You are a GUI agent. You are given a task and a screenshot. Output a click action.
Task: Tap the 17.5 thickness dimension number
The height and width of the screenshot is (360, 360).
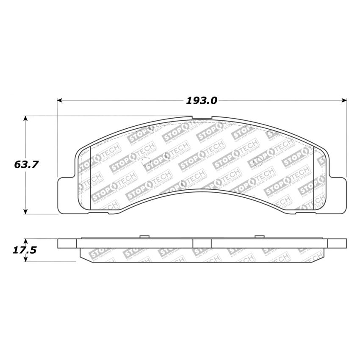[24, 250]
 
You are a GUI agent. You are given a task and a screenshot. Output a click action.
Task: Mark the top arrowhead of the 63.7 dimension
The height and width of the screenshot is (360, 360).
[26, 119]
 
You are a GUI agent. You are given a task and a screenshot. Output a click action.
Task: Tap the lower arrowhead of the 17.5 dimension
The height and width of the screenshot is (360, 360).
[26, 259]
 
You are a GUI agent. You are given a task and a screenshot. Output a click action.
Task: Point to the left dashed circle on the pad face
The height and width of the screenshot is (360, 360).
[146, 161]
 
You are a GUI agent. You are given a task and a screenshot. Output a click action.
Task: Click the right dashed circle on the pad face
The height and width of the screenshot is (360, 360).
[183, 184]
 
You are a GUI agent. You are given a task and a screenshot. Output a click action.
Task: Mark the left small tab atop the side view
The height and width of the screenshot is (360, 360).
[144, 237]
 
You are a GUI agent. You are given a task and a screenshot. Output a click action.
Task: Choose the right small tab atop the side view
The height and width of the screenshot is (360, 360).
[259, 237]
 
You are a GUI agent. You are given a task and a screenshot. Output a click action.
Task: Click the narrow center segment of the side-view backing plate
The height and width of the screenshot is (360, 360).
[202, 243]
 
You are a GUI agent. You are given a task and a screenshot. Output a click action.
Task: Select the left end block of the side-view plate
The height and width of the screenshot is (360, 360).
[67, 243]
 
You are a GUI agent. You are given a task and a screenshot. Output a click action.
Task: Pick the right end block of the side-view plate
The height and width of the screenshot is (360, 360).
[337, 243]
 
